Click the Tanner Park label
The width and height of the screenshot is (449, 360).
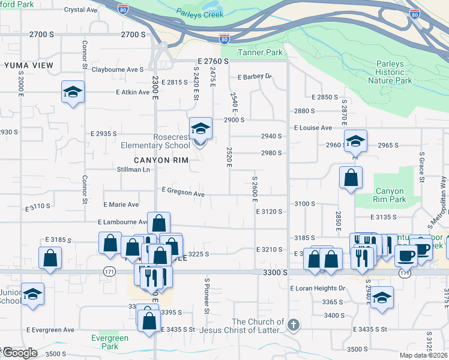[260, 52]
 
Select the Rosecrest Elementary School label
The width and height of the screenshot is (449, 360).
[155, 142]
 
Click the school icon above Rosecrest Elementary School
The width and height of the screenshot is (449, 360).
[200, 128]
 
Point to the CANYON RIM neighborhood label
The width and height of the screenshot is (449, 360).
[161, 160]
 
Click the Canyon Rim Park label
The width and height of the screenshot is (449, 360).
[390, 195]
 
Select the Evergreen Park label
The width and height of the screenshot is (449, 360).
[110, 342]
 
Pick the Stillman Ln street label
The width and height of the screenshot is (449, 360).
[133, 170]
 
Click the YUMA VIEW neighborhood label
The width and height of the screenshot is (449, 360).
[28, 65]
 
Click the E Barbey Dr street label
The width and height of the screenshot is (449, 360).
[255, 77]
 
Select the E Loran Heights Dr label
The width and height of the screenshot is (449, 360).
[318, 288]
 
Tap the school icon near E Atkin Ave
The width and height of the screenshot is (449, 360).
[73, 92]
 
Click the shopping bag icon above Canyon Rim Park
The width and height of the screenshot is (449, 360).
[351, 178]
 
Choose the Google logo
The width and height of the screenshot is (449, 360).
[20, 353]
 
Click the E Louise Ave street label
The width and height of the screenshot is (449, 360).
[312, 128]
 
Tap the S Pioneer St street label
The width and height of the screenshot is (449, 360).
[206, 296]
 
